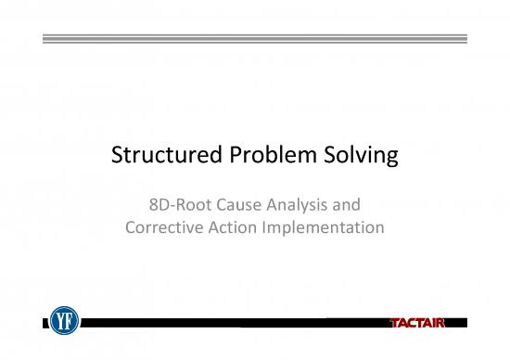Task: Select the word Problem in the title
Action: coord(269,159)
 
